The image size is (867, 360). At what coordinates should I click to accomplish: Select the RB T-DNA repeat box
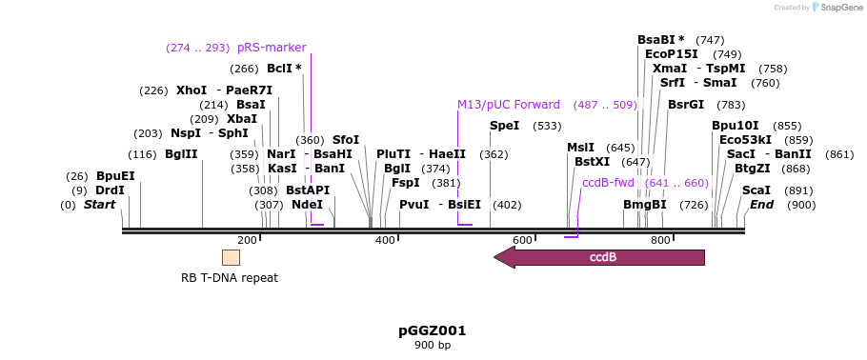[x=231, y=257]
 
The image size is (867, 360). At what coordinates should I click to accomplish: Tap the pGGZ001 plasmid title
[x=433, y=330]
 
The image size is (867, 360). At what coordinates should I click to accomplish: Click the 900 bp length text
[x=433, y=345]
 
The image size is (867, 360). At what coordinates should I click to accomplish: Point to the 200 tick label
[x=248, y=241]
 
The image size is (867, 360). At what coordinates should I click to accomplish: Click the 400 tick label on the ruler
[x=385, y=241]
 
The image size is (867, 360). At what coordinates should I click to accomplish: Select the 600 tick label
[x=522, y=241]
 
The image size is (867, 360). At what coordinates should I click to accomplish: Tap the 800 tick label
[x=660, y=241]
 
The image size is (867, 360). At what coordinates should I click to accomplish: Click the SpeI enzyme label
[x=505, y=126]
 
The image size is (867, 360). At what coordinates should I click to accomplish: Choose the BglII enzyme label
[x=181, y=154]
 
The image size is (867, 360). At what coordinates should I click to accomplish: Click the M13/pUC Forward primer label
[x=509, y=105]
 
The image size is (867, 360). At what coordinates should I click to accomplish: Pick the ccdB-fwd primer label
[x=608, y=183]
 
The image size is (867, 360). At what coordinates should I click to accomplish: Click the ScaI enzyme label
[x=756, y=190]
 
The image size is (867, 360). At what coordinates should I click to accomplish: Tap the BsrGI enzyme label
[x=686, y=105]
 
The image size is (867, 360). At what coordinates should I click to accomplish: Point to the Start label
[x=99, y=205]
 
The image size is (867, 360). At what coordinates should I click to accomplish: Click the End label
[x=761, y=205]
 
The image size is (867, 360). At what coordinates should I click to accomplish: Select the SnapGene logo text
[x=840, y=8]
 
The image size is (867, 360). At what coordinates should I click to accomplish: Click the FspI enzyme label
[x=406, y=183]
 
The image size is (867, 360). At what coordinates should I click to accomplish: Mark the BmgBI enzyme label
[x=645, y=205]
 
